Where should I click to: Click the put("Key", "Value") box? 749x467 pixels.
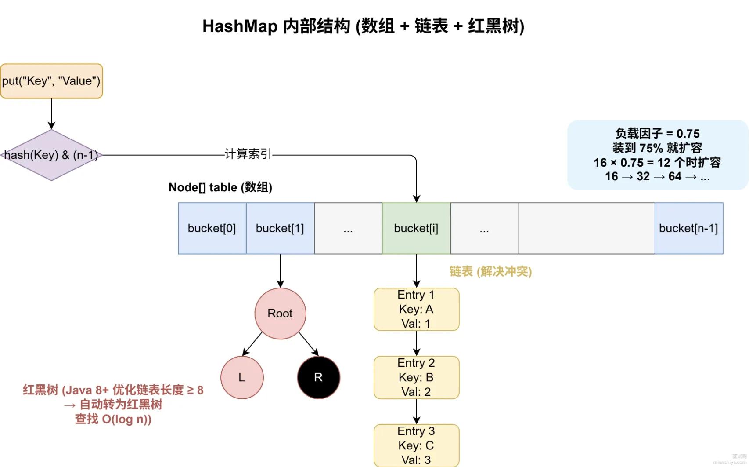51,81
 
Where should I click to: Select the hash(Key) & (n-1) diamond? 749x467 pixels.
51,155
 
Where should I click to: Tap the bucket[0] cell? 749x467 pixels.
212,229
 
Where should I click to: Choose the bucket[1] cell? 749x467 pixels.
280,229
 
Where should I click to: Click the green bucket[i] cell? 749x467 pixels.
416,229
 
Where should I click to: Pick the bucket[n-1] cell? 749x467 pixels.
689,229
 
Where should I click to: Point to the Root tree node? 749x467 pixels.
280,314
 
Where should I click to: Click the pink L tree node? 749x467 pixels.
242,378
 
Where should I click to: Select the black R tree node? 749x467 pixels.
318,378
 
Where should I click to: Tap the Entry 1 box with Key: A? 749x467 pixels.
416,309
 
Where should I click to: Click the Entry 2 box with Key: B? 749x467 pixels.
416,378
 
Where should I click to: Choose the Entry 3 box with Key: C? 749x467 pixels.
416,445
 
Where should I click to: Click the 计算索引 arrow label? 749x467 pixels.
248,154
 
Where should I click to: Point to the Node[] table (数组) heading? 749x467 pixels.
220,187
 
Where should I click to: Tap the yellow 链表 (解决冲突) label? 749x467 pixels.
490,272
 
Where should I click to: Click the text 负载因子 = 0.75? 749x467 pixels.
657,134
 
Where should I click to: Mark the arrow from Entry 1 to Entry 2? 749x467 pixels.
416,343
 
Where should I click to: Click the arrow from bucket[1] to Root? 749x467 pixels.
280,271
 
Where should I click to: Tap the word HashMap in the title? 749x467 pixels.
240,26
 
